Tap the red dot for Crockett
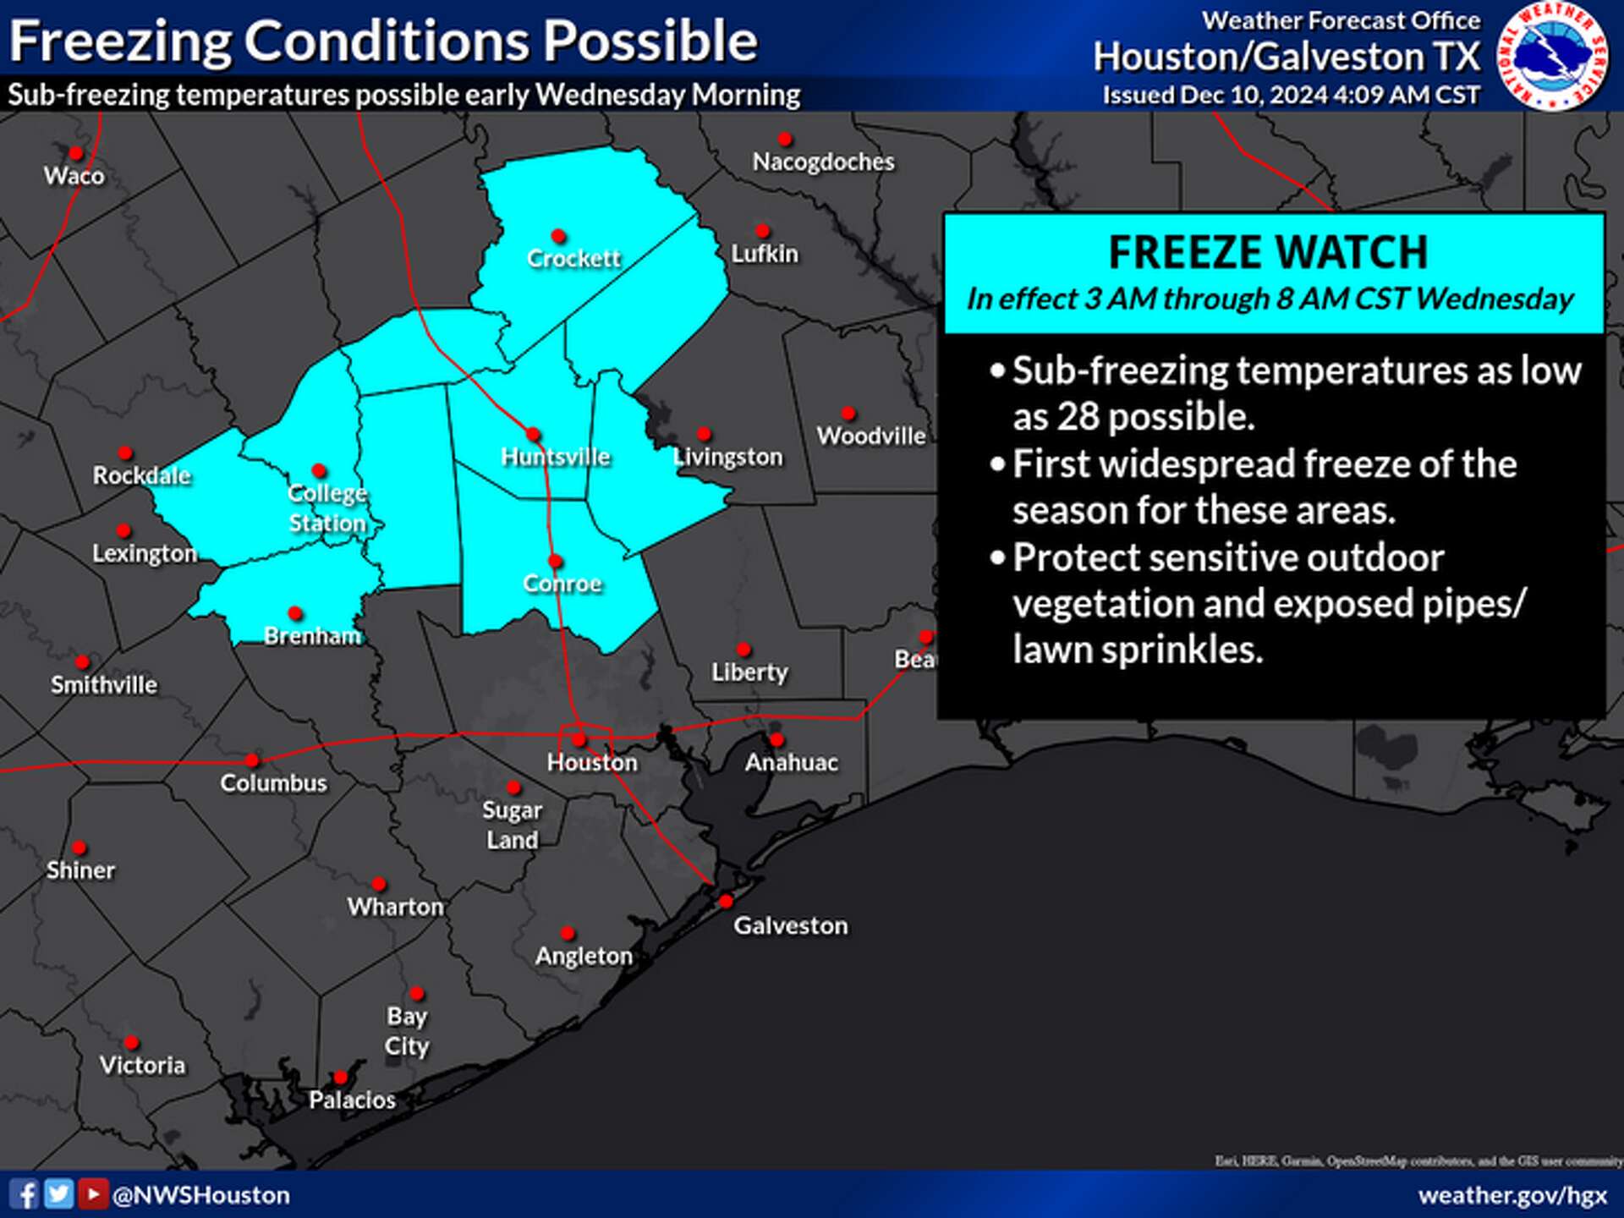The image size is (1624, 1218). click(x=558, y=236)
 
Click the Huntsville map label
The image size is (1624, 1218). click(x=556, y=458)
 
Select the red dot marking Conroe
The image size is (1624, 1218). click(x=555, y=561)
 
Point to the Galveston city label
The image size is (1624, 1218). click(x=790, y=926)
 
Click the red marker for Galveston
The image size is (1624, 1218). click(x=726, y=902)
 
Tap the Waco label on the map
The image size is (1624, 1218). click(x=74, y=176)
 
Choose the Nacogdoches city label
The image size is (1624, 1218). click(x=823, y=162)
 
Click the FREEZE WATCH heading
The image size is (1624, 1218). click(x=1268, y=252)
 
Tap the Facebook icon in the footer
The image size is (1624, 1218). click(x=25, y=1194)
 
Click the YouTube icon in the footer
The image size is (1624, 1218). click(x=93, y=1194)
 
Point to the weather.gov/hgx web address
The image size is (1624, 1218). click(x=1512, y=1195)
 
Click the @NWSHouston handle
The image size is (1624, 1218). click(x=201, y=1195)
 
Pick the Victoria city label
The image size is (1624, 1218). click(x=142, y=1066)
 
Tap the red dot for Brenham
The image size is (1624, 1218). click(x=295, y=613)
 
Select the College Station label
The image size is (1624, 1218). click(x=327, y=508)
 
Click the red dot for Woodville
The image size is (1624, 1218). click(x=848, y=414)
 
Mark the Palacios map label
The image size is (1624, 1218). click(x=352, y=1100)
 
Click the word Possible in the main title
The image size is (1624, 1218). click(x=650, y=41)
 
